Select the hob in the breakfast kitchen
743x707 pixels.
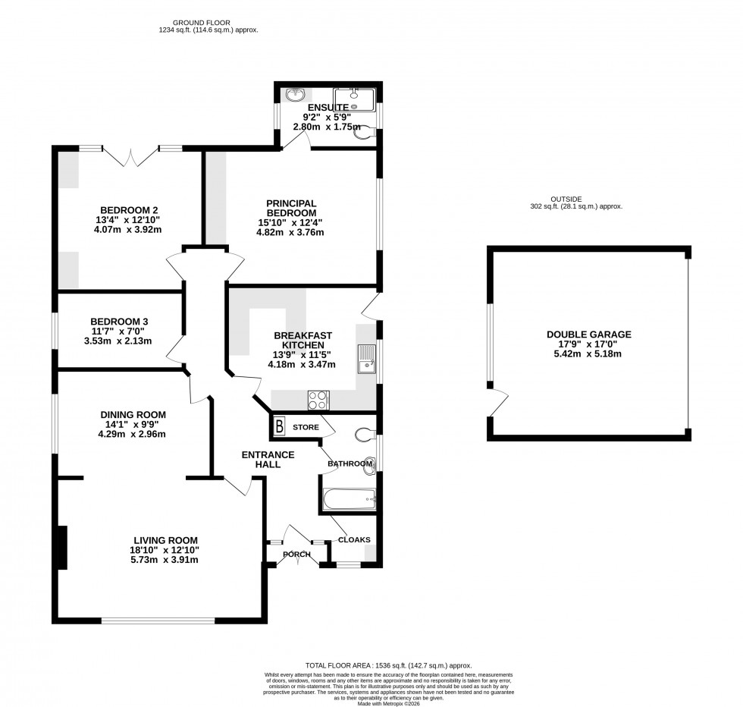pyautogui.click(x=318, y=399)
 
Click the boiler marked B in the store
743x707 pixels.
pyautogui.click(x=279, y=427)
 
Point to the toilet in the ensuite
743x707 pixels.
pyautogui.click(x=366, y=132)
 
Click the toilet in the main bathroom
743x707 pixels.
pyautogui.click(x=365, y=435)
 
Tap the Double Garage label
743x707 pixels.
pyautogui.click(x=588, y=334)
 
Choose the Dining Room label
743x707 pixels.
pyautogui.click(x=133, y=414)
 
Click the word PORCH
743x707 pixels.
pyautogui.click(x=297, y=555)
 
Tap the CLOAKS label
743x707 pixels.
pyautogui.click(x=354, y=540)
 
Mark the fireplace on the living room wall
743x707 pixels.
pyautogui.click(x=62, y=548)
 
